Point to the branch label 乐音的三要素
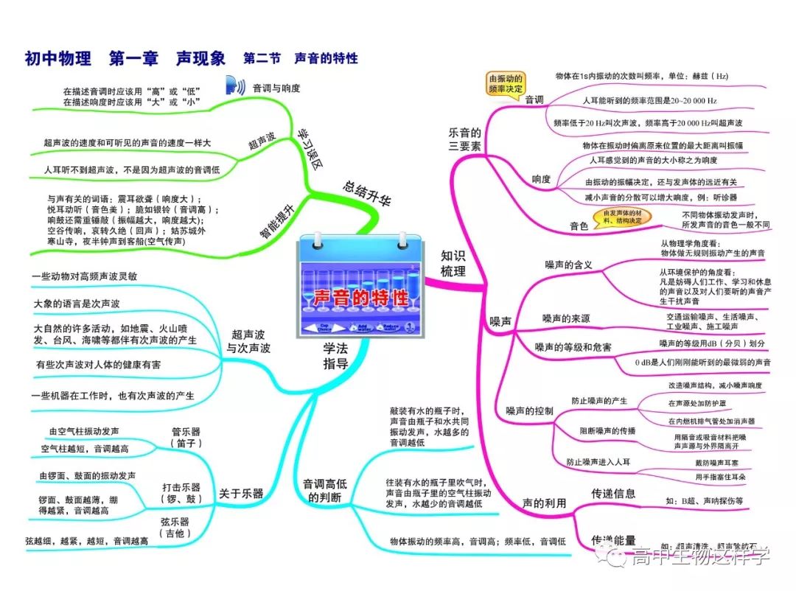point(465,140)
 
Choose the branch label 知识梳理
point(453,263)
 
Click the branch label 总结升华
point(366,191)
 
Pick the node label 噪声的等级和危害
point(573,347)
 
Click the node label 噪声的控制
point(529,410)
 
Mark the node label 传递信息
point(613,493)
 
